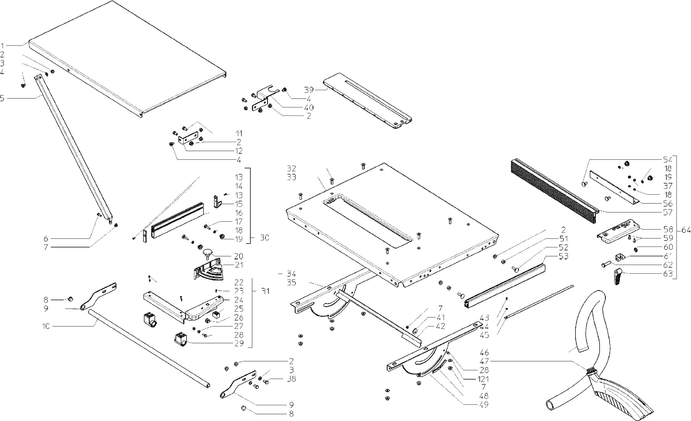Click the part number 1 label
(2, 46)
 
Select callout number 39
(309, 90)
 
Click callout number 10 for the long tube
(46, 326)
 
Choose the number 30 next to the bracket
(264, 238)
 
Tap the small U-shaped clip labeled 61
(619, 258)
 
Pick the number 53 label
(563, 256)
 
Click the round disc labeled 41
(415, 331)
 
